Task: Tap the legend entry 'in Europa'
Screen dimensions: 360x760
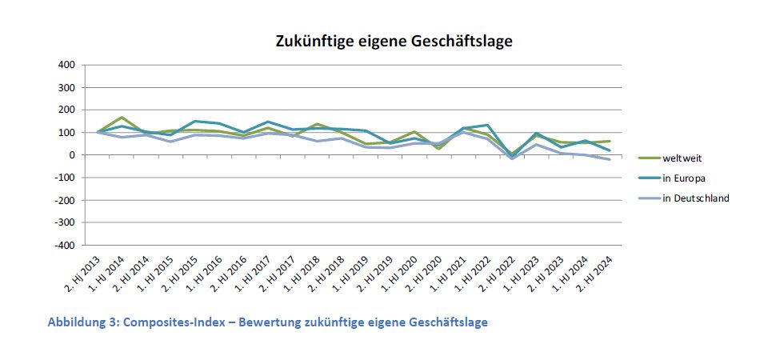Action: (x=685, y=178)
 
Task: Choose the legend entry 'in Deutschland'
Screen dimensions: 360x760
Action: (x=695, y=198)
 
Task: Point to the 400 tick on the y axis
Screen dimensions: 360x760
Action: (x=66, y=65)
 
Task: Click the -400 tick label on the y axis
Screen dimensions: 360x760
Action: (x=64, y=245)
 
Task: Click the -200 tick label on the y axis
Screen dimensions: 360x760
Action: (x=64, y=200)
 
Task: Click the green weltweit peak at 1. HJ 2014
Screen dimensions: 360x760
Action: (x=121, y=118)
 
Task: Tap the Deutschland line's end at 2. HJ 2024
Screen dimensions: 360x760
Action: (x=611, y=159)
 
